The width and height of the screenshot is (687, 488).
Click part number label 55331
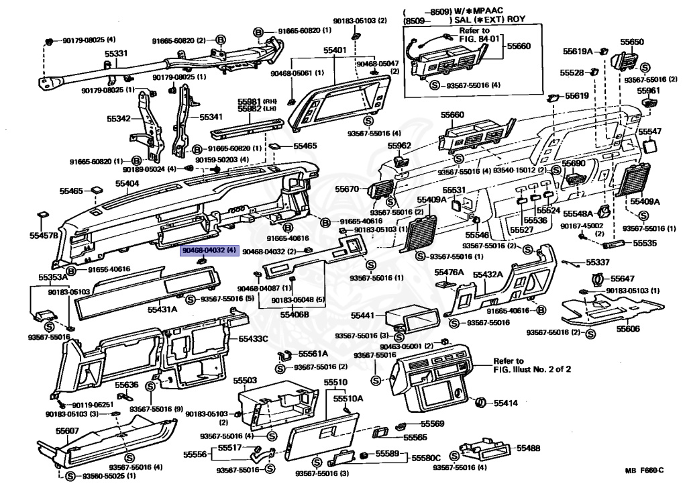116,53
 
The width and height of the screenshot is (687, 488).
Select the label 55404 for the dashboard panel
127,183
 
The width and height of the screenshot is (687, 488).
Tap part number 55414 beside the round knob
506,403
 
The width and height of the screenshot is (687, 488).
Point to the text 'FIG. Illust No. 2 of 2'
532,369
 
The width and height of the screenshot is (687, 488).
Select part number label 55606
629,329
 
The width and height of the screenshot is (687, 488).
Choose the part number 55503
245,381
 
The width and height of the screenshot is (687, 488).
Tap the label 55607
67,431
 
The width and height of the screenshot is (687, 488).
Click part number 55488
529,448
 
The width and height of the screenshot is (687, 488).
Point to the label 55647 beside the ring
622,278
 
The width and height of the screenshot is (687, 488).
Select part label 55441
363,314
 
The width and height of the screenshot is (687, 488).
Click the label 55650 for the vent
631,42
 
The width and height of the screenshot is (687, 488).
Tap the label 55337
598,262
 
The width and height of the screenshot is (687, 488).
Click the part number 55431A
162,309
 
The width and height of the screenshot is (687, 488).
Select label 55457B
44,236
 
